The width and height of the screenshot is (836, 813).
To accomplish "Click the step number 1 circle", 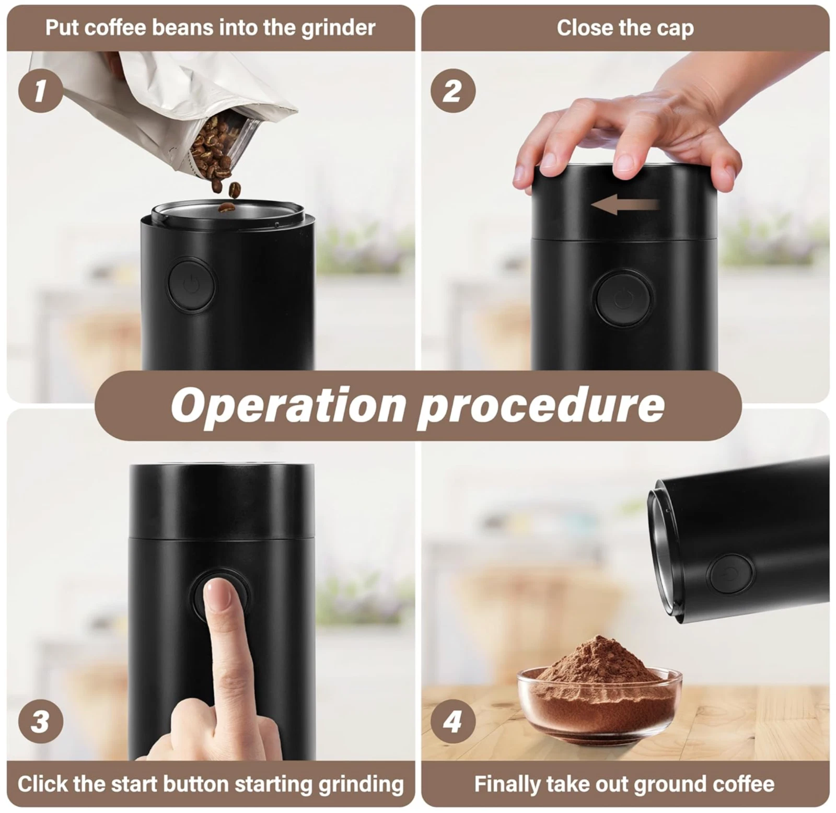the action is click(41, 90).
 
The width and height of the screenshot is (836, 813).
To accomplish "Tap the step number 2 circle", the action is click(452, 90).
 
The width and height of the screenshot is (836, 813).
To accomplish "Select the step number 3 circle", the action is click(41, 722).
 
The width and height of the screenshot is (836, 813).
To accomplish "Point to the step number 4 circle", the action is click(452, 722).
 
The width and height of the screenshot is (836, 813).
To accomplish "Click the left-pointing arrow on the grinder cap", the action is click(625, 204).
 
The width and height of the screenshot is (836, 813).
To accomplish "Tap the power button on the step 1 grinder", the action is click(192, 285).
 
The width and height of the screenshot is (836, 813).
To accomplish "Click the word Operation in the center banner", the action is click(288, 406).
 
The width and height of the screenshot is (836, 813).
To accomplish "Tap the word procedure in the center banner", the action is click(541, 406).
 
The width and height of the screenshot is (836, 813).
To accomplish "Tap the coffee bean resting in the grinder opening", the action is click(226, 208).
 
